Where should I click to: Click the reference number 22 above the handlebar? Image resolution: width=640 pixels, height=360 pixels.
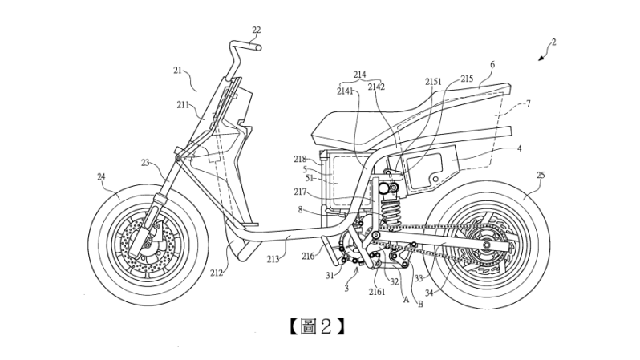point(256,30)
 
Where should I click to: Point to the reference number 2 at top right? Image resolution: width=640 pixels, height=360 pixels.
point(553,42)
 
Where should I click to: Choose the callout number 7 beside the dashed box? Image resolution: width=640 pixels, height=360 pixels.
point(527,104)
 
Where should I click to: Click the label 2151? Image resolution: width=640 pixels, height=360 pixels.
point(433,82)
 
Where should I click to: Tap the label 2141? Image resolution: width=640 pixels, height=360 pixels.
point(346,91)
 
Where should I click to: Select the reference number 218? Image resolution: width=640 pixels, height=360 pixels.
point(301,159)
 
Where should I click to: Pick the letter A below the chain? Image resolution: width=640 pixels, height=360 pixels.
point(406,300)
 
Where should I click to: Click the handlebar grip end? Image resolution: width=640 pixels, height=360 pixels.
point(258,47)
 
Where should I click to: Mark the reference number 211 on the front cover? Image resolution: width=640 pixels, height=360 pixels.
point(184,104)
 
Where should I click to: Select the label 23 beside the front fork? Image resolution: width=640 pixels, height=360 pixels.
point(145,163)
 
